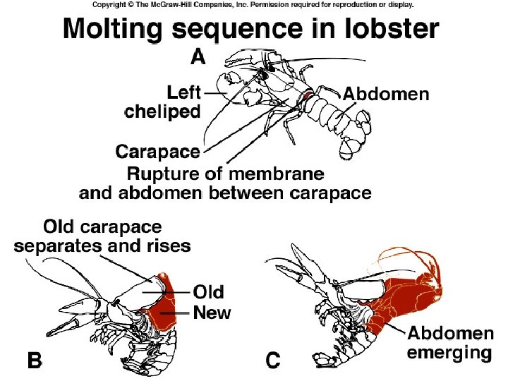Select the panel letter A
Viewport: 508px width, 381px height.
198,56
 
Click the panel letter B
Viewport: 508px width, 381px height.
34,361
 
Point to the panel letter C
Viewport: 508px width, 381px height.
273,361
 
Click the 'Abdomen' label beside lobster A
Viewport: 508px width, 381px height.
385,93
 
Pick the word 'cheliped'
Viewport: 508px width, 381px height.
162,111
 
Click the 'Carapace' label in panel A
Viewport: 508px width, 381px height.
157,151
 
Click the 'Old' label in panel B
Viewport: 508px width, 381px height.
208,291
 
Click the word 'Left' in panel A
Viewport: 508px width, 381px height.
183,92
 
